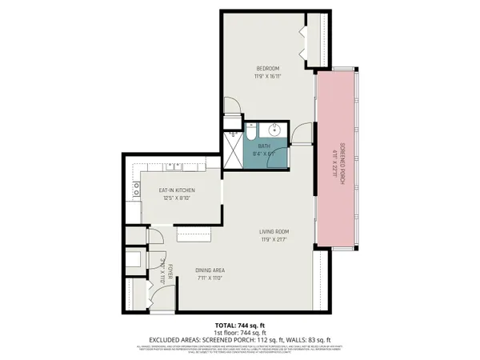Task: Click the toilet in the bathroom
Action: [251, 130]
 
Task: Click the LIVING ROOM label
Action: [273, 231]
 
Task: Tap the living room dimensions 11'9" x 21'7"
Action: [273, 239]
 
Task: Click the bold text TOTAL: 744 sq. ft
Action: [239, 325]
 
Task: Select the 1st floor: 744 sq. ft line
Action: [239, 331]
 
